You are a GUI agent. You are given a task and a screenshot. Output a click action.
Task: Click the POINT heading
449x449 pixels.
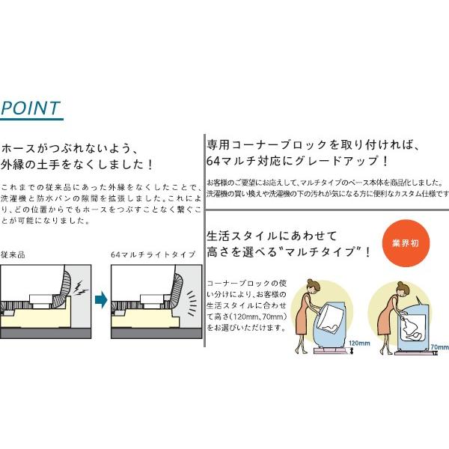(31, 108)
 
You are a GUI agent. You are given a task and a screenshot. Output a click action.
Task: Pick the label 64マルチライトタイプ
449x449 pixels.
(153, 254)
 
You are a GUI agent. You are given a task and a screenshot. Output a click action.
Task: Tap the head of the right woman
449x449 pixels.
(400, 287)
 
